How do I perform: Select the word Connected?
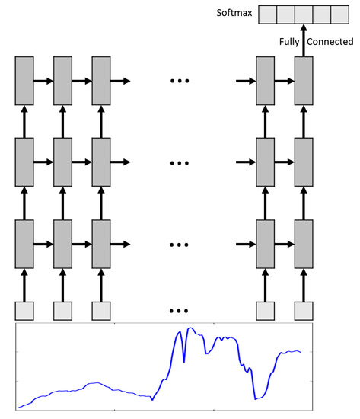pyautogui.click(x=329, y=43)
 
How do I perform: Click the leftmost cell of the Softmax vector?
pyautogui.click(x=268, y=14)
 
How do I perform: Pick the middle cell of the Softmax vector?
pyautogui.click(x=305, y=14)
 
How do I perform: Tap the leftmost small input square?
pyautogui.click(x=25, y=311)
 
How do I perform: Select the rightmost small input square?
pyautogui.click(x=304, y=311)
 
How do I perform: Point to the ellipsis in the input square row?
pyautogui.click(x=180, y=311)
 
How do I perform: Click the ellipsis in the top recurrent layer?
pyautogui.click(x=180, y=80)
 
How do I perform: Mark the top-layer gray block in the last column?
pyautogui.click(x=304, y=80)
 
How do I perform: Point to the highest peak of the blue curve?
pyautogui.click(x=190, y=328)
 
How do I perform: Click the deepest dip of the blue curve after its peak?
pyautogui.click(x=255, y=398)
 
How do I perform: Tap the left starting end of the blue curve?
pyautogui.click(x=18, y=408)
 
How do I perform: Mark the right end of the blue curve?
pyautogui.click(x=301, y=352)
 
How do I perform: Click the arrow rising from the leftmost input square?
pyautogui.click(x=25, y=285)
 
